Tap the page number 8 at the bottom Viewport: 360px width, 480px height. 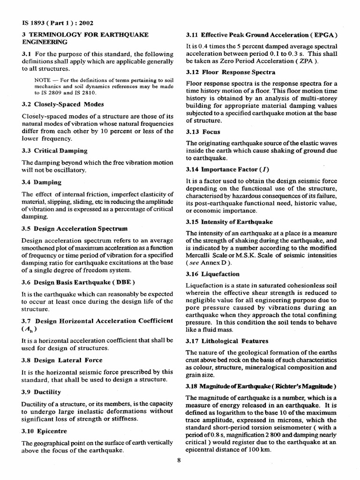pos(179,459)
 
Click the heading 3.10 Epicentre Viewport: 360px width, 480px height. pos(44,430)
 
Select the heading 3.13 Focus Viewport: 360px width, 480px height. pos(203,132)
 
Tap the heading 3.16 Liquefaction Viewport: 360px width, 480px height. pos(213,274)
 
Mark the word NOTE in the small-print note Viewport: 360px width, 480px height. pos(43,81)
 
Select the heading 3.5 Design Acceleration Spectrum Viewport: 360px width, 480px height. pos(74,229)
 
